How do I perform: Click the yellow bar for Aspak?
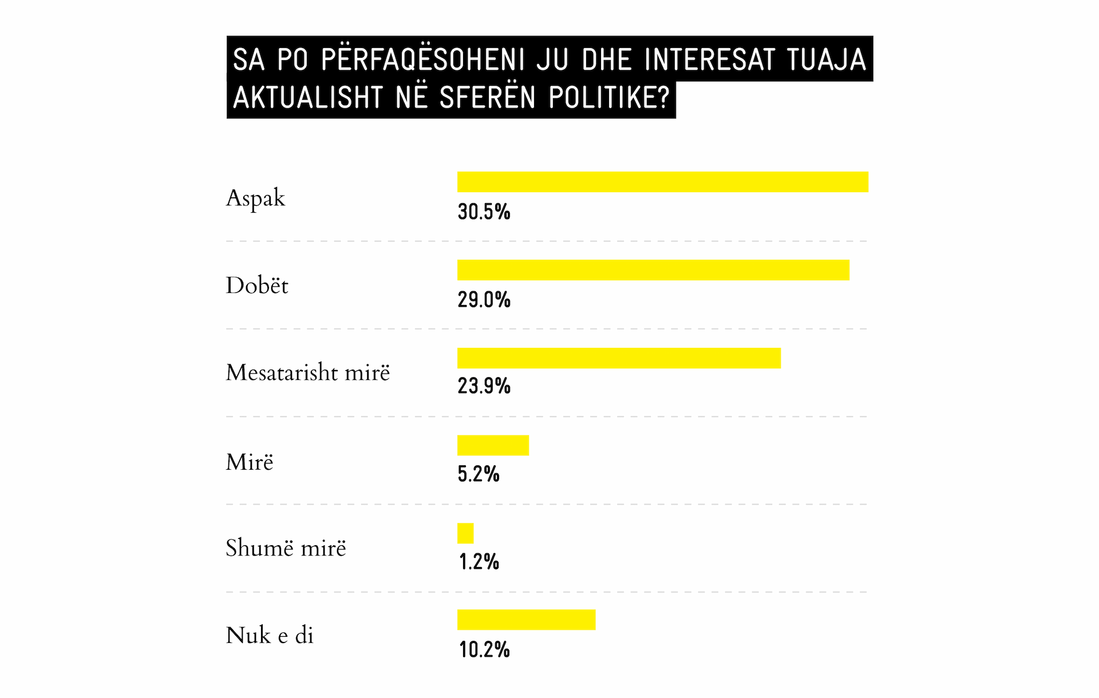[x=662, y=182]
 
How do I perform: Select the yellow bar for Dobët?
[x=653, y=270]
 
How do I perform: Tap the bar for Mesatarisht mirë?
[x=619, y=358]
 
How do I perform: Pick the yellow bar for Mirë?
[x=493, y=445]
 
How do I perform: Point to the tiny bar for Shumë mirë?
[x=465, y=533]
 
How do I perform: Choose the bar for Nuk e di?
[x=526, y=620]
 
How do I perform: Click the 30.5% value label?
[x=484, y=212]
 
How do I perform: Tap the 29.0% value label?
[x=484, y=300]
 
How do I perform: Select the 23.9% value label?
[x=484, y=386]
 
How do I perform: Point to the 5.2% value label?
[x=479, y=474]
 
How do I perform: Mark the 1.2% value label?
[x=479, y=562]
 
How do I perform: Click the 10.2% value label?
[x=484, y=650]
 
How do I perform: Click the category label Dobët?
[x=257, y=285]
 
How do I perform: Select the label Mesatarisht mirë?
[x=308, y=373]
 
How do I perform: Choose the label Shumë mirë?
[x=286, y=548]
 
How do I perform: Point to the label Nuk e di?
[x=270, y=636]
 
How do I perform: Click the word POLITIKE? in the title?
[x=609, y=98]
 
